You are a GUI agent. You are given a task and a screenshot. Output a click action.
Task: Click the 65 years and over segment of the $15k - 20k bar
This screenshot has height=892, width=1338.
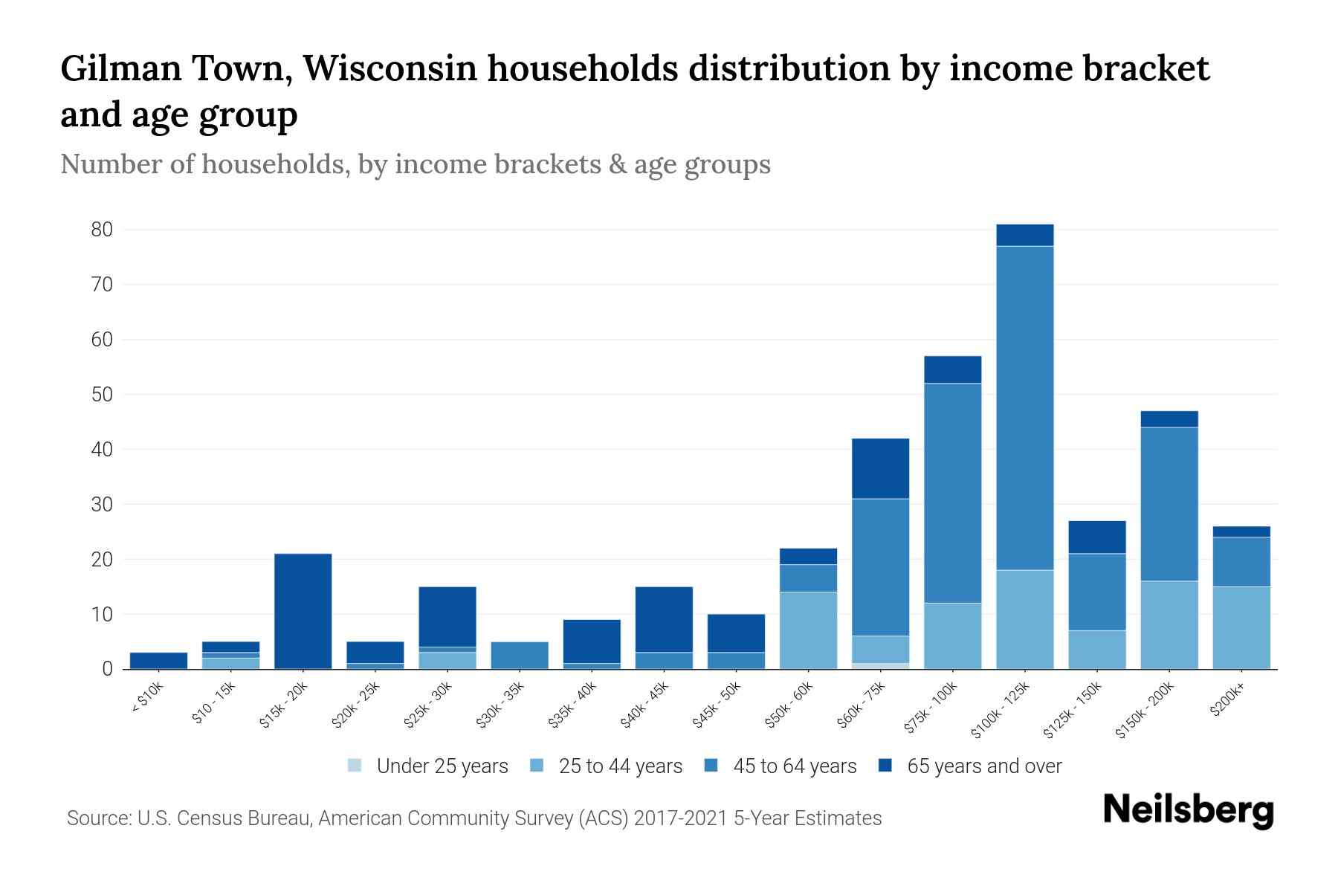303,611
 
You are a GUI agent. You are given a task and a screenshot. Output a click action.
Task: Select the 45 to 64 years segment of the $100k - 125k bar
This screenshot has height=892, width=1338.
1025,407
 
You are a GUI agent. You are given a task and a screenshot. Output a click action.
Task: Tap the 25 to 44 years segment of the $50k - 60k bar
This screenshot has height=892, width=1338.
808,630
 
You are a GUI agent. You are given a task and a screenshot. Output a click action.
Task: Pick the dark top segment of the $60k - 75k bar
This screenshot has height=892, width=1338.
880,468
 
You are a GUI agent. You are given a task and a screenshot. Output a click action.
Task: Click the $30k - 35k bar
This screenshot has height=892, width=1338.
520,656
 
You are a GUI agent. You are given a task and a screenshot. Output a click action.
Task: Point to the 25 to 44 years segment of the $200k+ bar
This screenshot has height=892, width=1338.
1241,627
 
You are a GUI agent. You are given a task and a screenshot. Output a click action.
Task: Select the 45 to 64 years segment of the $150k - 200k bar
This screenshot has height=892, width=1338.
1169,504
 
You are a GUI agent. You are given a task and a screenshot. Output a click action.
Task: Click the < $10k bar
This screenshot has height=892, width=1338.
158,661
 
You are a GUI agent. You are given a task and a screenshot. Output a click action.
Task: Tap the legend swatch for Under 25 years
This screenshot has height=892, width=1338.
355,766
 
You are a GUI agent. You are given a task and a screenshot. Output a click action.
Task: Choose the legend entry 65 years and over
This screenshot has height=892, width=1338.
983,766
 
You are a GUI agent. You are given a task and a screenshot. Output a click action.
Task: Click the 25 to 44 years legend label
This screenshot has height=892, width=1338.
620,766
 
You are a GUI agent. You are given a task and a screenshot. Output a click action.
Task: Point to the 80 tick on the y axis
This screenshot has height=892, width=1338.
102,230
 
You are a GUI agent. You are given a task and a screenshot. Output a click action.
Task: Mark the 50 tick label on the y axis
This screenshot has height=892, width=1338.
102,395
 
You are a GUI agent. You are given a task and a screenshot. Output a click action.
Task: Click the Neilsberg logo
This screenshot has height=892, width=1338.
1188,810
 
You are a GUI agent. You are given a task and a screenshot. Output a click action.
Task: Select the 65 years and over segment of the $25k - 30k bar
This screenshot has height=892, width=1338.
447,617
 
